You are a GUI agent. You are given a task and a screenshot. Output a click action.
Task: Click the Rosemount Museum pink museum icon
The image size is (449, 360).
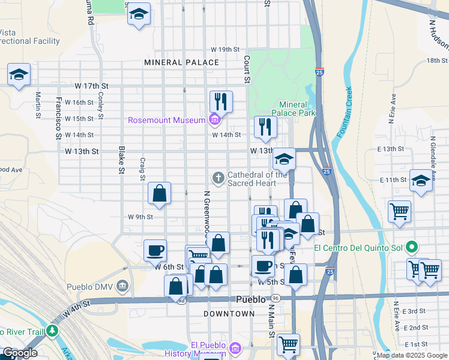(x=214, y=120)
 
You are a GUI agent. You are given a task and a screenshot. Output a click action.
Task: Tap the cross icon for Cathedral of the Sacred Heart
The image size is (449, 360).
(x=218, y=177)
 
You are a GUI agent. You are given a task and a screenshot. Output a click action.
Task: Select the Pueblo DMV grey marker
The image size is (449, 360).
(x=123, y=286)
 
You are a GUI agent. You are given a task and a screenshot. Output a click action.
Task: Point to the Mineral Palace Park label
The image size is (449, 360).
(x=293, y=108)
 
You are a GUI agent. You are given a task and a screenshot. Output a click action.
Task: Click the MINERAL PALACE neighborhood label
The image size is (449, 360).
(x=181, y=62)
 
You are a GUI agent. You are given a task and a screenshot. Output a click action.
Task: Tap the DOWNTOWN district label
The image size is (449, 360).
(x=229, y=314)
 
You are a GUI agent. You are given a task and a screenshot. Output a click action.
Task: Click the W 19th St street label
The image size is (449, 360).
(x=224, y=49)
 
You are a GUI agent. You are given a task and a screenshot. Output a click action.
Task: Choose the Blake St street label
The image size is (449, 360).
(x=121, y=160)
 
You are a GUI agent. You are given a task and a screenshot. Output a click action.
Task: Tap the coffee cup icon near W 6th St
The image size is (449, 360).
(x=155, y=250)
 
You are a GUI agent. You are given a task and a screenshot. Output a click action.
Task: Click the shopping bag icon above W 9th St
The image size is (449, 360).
(x=160, y=193)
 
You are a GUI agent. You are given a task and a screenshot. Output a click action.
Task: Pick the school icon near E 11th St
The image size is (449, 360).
(x=421, y=179)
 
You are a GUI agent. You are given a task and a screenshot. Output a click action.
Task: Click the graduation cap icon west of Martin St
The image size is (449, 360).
(x=19, y=74)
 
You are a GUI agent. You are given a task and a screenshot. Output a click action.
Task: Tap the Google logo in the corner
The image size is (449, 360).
(x=19, y=353)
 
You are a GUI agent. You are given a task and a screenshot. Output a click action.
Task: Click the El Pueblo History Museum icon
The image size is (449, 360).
(x=235, y=349)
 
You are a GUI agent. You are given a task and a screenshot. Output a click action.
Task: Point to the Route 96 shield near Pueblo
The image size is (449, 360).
(x=275, y=298)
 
